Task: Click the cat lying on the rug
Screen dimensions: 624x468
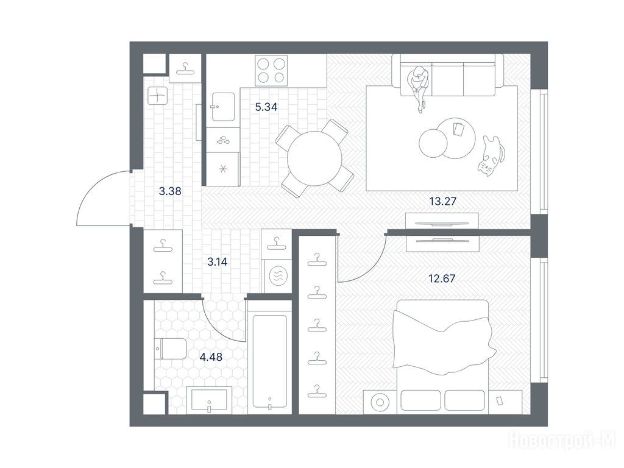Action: [491, 156]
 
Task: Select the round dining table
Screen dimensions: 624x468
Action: [314, 158]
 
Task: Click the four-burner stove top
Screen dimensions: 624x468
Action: [271, 70]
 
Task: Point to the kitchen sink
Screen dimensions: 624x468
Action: [223, 107]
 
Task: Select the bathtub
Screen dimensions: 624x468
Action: [270, 362]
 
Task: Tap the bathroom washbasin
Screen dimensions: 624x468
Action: [209, 400]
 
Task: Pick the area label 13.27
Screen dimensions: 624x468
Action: [442, 201]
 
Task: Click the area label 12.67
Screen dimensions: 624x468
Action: [442, 278]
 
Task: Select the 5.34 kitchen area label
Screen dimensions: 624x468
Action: [266, 107]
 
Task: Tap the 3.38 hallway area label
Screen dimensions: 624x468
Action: [170, 191]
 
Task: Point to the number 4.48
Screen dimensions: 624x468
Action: [211, 357]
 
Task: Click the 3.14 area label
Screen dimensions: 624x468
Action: [218, 262]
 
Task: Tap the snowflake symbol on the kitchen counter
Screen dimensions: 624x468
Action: [223, 169]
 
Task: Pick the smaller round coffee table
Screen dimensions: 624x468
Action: [433, 144]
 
